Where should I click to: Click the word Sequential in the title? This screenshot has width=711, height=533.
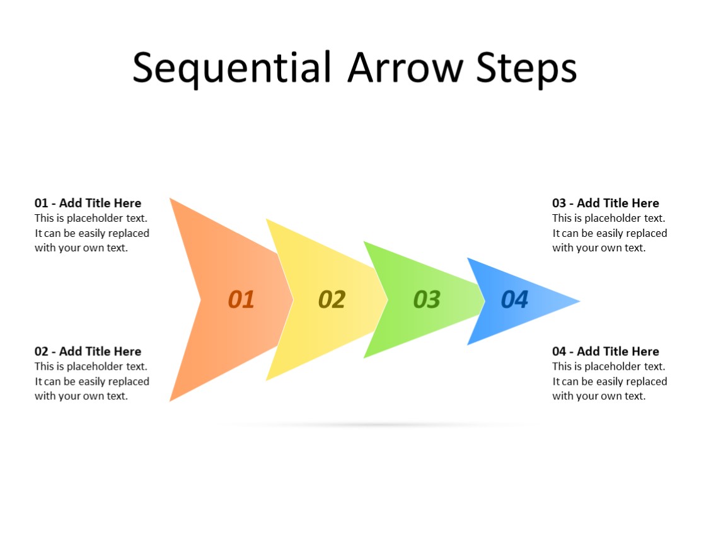pyautogui.click(x=231, y=67)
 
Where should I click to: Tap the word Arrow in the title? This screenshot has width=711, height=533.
pyautogui.click(x=405, y=67)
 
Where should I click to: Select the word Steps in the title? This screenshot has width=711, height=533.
pyautogui.click(x=526, y=67)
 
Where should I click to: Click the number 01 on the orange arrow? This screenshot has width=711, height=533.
pyautogui.click(x=241, y=300)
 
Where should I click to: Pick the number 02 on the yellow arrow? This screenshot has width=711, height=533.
pyautogui.click(x=332, y=300)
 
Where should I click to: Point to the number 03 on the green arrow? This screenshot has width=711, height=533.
pyautogui.click(x=426, y=300)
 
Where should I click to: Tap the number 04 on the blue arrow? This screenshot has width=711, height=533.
pyautogui.click(x=514, y=300)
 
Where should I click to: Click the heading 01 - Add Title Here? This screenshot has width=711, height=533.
pyautogui.click(x=88, y=203)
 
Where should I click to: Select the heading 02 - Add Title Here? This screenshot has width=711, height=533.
pyautogui.click(x=88, y=351)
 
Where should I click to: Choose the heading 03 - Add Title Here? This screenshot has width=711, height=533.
pyautogui.click(x=605, y=203)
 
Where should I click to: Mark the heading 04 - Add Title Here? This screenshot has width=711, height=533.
pyautogui.click(x=605, y=351)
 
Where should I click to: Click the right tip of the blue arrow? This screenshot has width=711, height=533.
pyautogui.click(x=578, y=301)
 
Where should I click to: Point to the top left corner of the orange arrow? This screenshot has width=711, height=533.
pyautogui.click(x=171, y=199)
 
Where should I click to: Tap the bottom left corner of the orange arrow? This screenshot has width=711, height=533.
pyautogui.click(x=171, y=400)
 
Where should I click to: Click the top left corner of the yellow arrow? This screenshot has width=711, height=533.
pyautogui.click(x=267, y=220)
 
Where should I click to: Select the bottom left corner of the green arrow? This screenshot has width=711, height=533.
pyautogui.click(x=364, y=357)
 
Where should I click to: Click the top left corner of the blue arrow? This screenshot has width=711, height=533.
pyautogui.click(x=468, y=258)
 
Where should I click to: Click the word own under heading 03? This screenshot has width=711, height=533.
pyautogui.click(x=610, y=248)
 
